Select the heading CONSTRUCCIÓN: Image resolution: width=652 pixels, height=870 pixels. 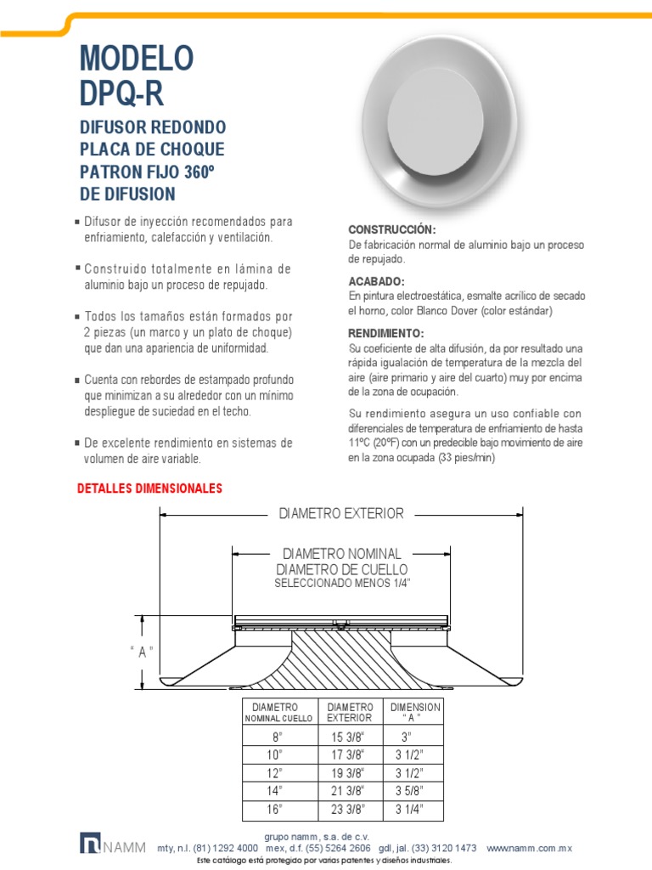pos(392,230)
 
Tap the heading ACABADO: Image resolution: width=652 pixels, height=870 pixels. pos(377,281)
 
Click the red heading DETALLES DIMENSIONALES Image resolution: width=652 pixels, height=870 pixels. pos(149,489)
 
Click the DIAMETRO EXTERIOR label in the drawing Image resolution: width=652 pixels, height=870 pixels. pos(341,513)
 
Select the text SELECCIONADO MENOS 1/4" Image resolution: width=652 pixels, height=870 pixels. pos(341,585)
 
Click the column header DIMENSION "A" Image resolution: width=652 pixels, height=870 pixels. pos(414,712)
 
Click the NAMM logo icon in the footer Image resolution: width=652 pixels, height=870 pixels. pos(90,843)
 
